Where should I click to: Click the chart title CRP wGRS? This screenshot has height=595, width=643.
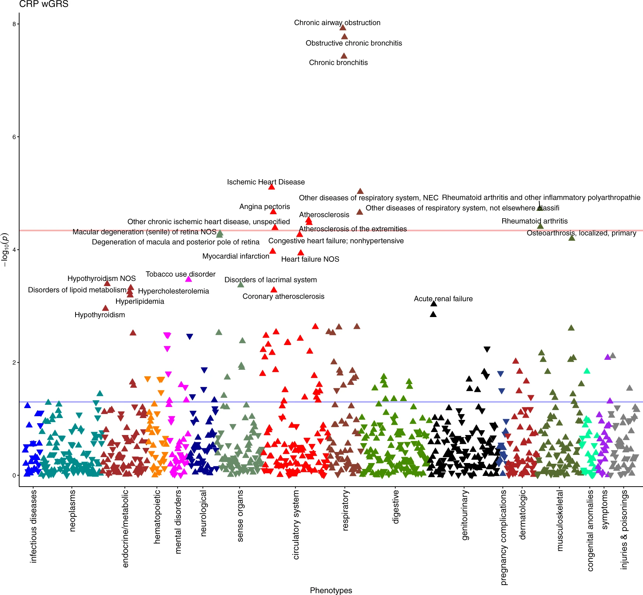(43, 4)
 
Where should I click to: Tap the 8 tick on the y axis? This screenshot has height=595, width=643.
(14, 24)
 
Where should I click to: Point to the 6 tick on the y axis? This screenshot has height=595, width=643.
(14, 137)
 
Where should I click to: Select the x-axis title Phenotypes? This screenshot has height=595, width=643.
(331, 590)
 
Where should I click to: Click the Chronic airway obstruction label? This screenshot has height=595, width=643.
(337, 22)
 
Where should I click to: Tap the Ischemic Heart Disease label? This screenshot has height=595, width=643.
(266, 182)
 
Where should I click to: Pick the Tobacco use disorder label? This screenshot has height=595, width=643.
(181, 274)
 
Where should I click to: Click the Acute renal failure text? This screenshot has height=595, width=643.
(443, 299)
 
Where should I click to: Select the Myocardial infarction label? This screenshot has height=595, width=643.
(236, 256)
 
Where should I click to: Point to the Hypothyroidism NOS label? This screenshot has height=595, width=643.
(101, 278)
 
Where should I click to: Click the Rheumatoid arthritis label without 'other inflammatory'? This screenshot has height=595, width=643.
(534, 221)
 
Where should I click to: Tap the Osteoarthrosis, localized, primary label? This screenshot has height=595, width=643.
(581, 233)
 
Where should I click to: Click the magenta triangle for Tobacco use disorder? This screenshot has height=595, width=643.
(188, 279)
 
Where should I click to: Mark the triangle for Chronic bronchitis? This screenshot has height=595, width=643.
(344, 56)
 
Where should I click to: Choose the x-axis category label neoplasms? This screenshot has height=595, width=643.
(72, 511)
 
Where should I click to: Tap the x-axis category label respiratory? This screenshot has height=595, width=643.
(345, 510)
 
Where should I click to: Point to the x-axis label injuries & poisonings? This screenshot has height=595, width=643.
(624, 529)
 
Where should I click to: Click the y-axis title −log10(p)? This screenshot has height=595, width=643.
(5, 250)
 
